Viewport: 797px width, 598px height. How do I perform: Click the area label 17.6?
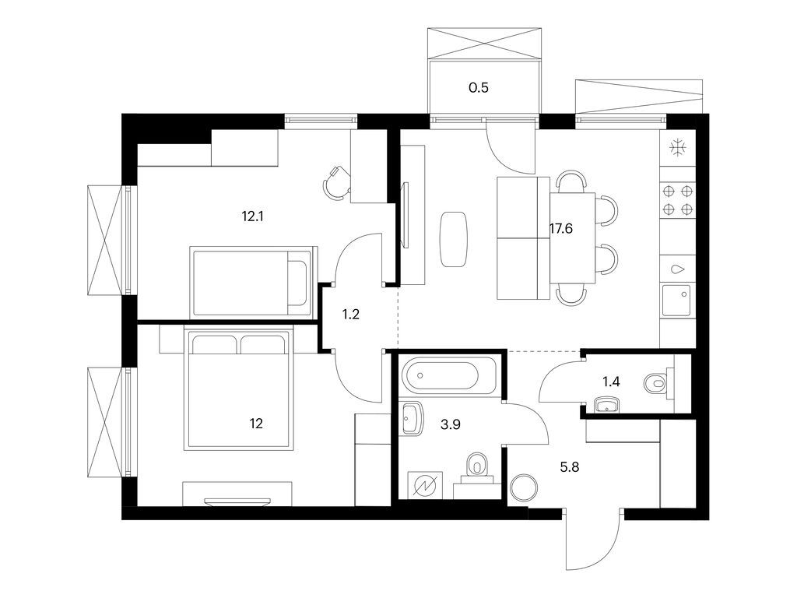click(x=562, y=230)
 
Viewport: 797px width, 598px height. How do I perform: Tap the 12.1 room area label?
click(x=254, y=216)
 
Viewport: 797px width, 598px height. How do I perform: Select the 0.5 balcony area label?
click(x=479, y=88)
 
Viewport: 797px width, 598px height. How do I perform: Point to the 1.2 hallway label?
click(x=352, y=315)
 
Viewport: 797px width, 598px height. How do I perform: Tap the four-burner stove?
click(x=677, y=199)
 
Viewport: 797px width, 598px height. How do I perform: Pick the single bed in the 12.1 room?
click(x=252, y=279)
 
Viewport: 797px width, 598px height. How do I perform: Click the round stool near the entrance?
click(x=523, y=487)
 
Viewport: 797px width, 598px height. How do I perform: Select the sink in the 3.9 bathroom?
click(x=412, y=418)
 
